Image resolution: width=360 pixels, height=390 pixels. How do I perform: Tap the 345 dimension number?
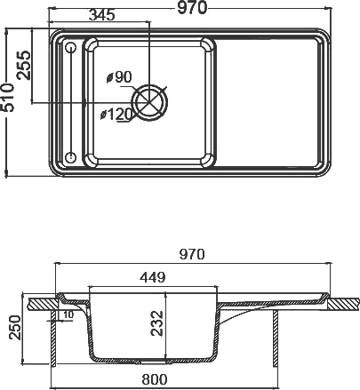pos(106,15)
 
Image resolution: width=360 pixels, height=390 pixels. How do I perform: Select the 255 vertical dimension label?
pos(24,64)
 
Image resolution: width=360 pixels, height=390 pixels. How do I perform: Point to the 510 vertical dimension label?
pos(8,99)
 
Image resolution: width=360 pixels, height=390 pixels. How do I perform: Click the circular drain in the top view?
pos(149,100)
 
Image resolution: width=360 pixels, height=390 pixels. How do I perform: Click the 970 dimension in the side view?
pos(190,254)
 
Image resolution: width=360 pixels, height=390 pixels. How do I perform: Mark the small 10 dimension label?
pos(69,314)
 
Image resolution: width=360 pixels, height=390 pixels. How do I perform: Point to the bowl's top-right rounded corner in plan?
pos(208,44)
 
